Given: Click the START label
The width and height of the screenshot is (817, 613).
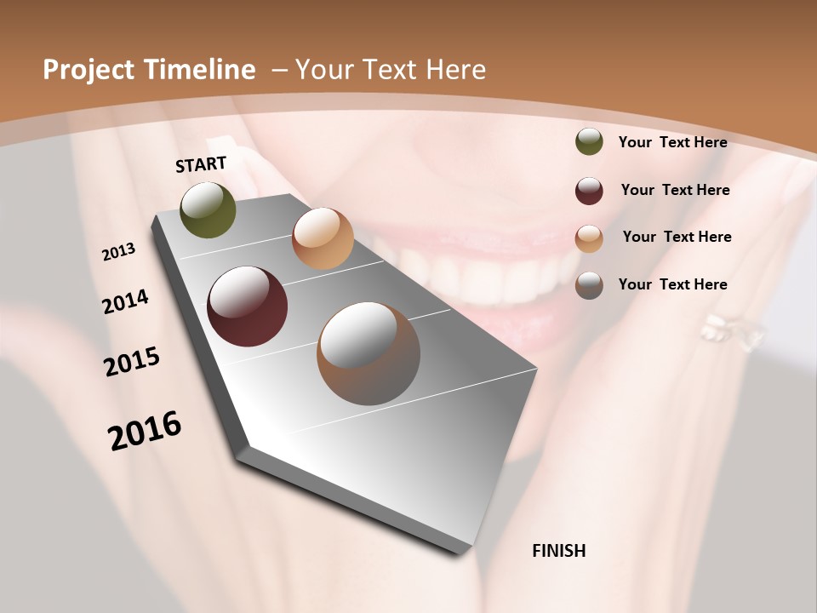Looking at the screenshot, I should (x=201, y=164).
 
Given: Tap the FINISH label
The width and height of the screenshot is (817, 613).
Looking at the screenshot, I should (x=558, y=551).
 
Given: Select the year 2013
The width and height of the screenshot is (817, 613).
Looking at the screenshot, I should (x=118, y=252).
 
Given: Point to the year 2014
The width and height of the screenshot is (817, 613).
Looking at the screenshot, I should (x=125, y=301).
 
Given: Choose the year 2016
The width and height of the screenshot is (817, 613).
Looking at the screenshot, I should (x=145, y=430).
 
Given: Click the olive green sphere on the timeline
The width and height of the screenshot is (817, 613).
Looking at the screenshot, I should (x=208, y=210).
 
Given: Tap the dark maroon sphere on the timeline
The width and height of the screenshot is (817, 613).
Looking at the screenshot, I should (x=247, y=306).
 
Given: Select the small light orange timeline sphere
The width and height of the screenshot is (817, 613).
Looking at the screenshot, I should (x=323, y=238).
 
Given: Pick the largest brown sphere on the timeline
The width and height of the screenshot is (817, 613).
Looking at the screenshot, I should (x=369, y=353).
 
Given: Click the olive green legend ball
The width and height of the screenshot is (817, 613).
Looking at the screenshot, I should (x=589, y=142).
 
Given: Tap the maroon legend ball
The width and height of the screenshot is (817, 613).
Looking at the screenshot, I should (x=589, y=191).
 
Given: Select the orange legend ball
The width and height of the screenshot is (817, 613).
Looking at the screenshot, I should (x=589, y=238).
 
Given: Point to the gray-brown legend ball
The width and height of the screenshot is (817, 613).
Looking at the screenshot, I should (x=589, y=285).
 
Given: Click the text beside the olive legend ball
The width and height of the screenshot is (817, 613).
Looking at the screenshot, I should (x=672, y=142).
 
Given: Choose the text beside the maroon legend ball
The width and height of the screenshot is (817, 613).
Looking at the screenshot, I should (x=675, y=190).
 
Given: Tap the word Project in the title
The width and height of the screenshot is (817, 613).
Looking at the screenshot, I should (x=89, y=70).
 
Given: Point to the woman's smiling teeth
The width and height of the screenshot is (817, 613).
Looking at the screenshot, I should (x=460, y=272).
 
